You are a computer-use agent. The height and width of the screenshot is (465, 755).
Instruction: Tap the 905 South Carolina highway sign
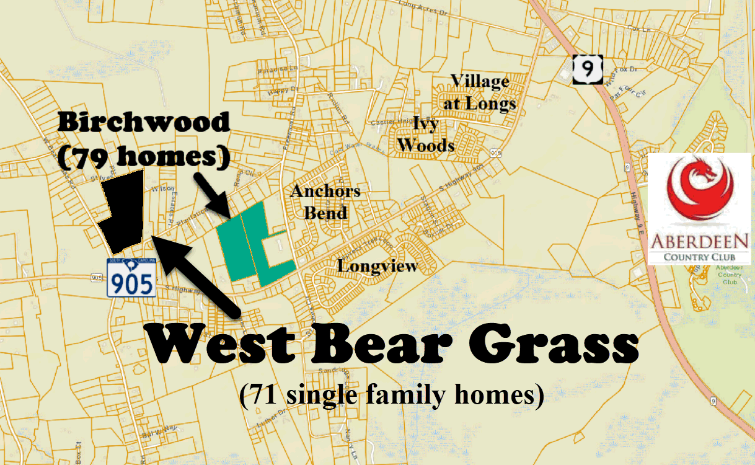coord(131,277)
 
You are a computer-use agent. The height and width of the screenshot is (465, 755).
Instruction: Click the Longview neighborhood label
coord(378,267)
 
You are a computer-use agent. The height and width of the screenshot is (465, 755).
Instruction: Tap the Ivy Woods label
coord(426,135)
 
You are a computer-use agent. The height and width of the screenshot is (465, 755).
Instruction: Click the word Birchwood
coord(143,122)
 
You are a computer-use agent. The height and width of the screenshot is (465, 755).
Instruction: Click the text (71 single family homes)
coord(391,395)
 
